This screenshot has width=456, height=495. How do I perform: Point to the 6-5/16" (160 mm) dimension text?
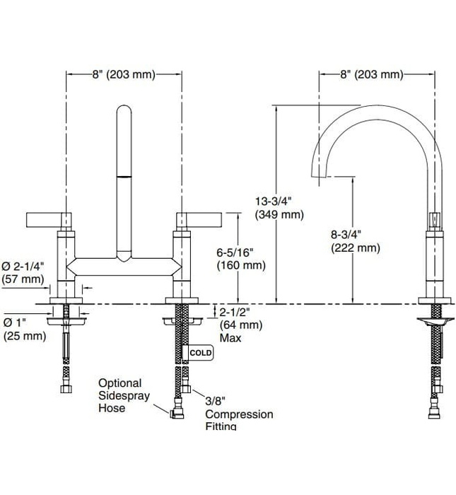pos(241,259)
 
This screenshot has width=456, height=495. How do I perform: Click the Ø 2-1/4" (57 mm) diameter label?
pos(25,272)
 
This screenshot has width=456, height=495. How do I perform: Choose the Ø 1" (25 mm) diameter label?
pos(23,329)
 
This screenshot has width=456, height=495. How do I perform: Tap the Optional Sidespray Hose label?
pos(123,395)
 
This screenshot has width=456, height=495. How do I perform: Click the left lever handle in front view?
pos(49,219)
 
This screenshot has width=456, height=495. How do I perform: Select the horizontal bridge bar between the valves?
pos(123,267)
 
